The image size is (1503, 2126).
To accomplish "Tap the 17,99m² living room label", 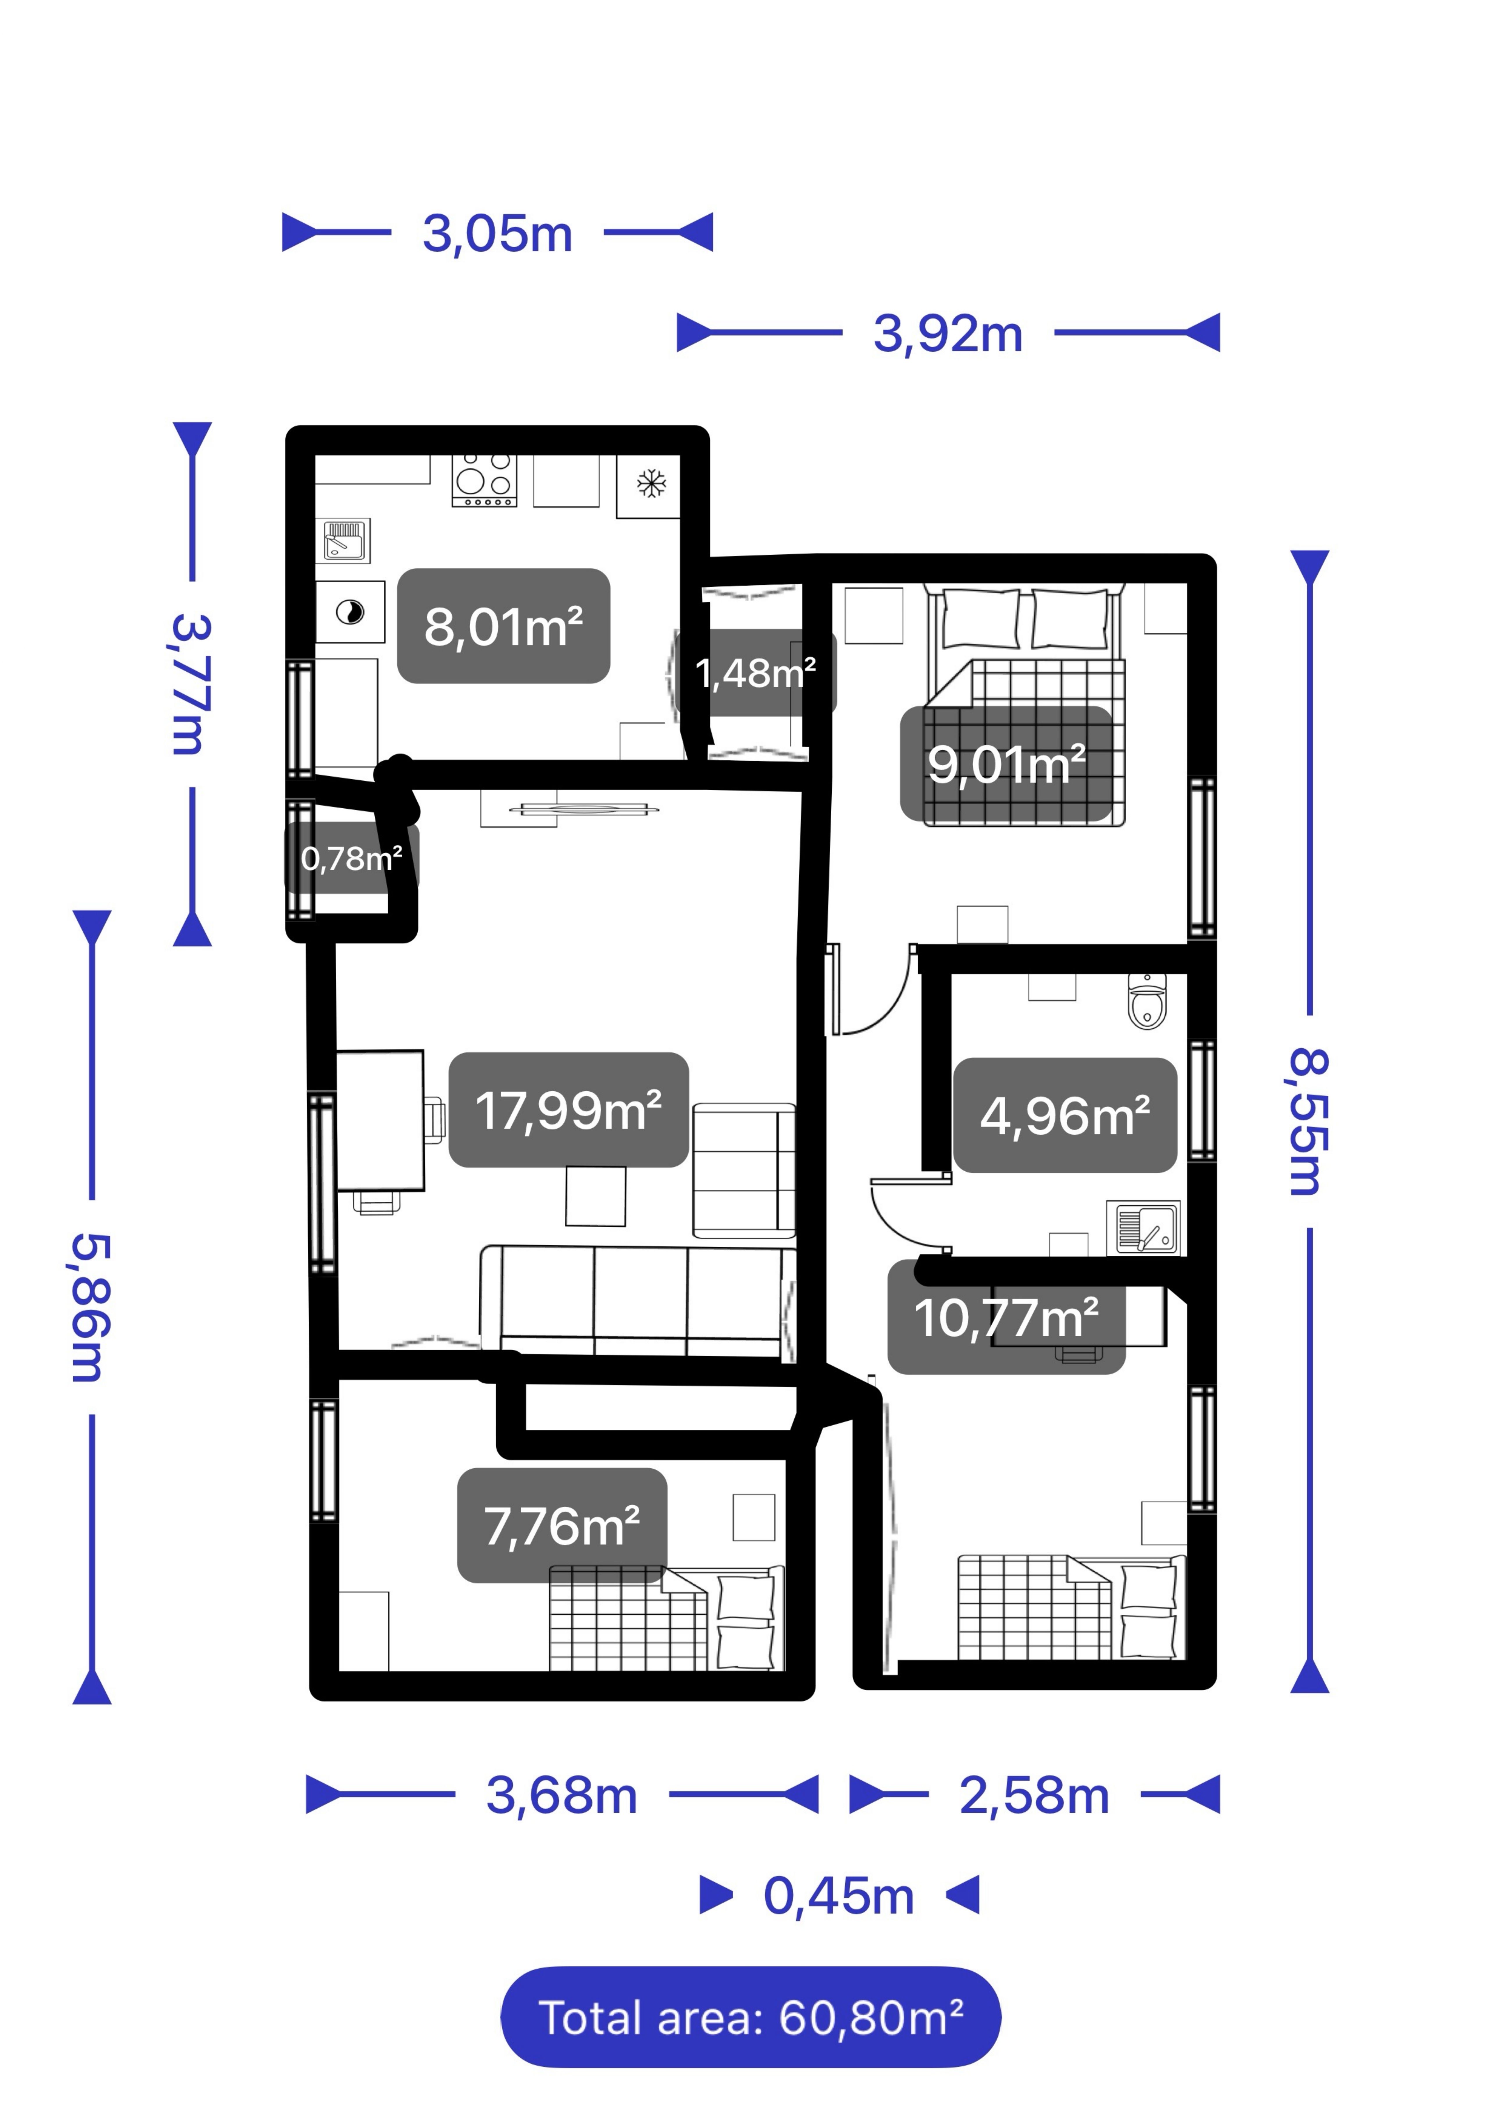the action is tap(569, 1109).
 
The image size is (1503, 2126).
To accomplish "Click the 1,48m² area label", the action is tap(755, 672).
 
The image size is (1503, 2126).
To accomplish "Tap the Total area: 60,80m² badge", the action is tap(751, 2017).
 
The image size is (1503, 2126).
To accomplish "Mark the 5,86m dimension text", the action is tap(92, 1307).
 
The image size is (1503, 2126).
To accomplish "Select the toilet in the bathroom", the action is tap(1147, 1000).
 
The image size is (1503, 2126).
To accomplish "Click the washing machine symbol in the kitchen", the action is tap(350, 612).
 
